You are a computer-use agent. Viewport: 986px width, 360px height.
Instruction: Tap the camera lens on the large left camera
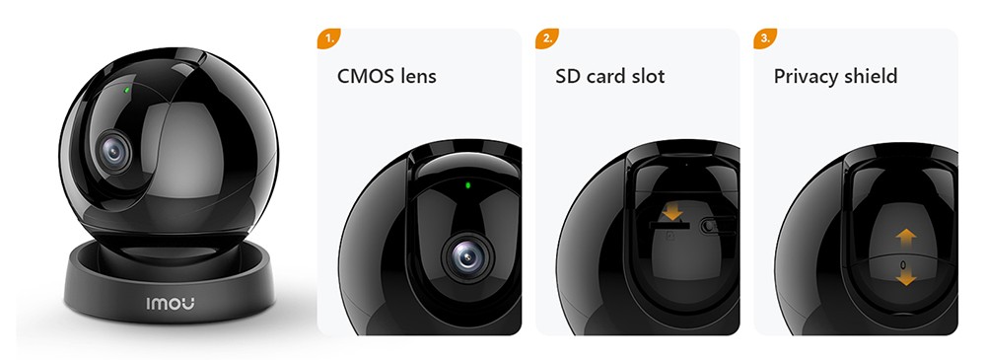(116, 151)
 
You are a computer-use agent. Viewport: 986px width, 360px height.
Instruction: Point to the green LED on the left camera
(128, 92)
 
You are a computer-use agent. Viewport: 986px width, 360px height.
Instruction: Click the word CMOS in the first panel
(366, 76)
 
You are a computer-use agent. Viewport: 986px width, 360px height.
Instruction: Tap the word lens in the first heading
(418, 76)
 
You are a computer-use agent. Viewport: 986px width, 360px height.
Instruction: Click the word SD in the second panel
(569, 76)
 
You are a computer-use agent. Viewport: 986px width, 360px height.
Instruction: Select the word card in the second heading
(609, 76)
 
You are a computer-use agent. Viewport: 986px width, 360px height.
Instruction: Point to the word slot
(649, 76)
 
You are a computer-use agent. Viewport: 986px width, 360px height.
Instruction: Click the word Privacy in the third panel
(808, 76)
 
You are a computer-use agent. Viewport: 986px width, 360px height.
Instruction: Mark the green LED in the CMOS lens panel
(467, 184)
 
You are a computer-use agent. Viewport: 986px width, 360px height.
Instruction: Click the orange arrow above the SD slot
(673, 211)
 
